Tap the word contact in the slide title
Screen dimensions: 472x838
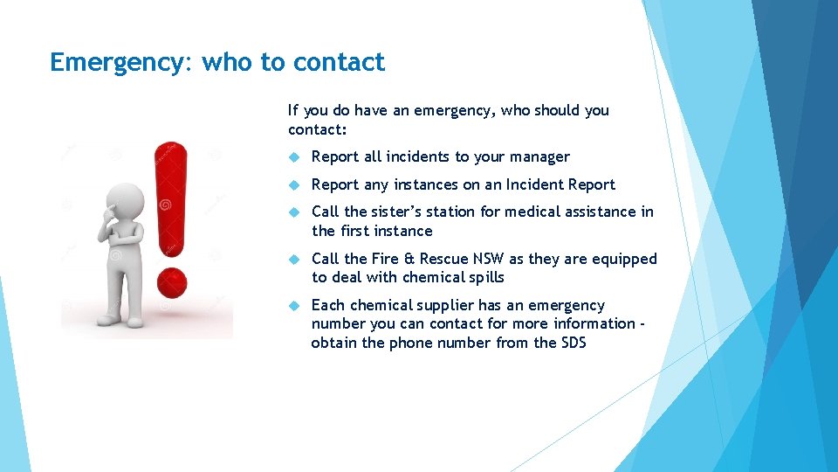tap(339, 63)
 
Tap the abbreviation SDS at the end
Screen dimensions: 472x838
tap(573, 343)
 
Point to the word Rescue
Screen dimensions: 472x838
tap(443, 259)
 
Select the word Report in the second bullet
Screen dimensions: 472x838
tap(334, 184)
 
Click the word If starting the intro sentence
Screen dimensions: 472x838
tap(293, 111)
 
